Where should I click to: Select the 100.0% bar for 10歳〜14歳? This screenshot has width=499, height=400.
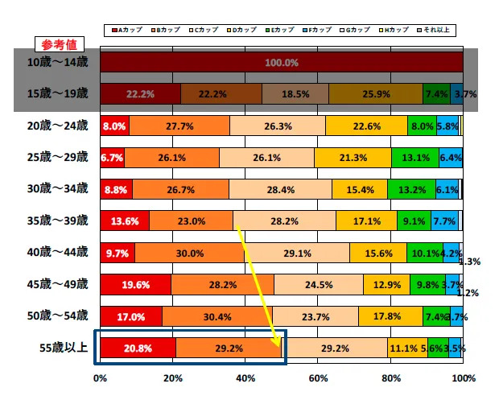(x=281, y=62)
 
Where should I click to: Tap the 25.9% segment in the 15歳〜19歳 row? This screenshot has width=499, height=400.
(x=375, y=94)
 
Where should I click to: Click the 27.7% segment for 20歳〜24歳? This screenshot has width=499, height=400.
(x=179, y=126)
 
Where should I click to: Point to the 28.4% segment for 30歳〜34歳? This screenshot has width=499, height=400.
(x=280, y=189)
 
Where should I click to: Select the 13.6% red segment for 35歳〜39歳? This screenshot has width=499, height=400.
(x=125, y=221)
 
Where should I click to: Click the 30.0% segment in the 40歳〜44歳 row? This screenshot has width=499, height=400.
(x=189, y=253)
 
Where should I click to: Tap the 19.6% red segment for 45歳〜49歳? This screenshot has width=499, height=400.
(x=135, y=284)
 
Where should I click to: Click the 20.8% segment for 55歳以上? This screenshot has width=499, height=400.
(x=138, y=348)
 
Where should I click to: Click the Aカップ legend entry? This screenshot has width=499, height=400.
(x=128, y=30)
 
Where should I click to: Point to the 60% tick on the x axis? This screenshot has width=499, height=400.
(x=318, y=377)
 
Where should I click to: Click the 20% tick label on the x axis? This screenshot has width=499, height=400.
(x=173, y=377)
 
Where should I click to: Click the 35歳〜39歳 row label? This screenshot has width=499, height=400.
(x=59, y=221)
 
